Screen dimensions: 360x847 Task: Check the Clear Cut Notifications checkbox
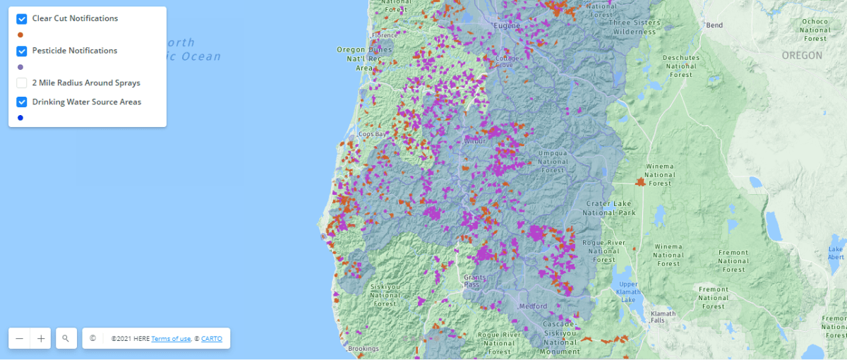22,18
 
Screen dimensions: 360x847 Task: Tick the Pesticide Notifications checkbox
22,51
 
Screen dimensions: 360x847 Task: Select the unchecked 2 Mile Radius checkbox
22,83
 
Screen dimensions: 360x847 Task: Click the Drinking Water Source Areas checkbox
22,102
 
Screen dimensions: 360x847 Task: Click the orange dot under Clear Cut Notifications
20,35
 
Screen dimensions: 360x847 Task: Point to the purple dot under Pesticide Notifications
20,67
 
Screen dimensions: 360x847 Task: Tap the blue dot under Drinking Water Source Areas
20,118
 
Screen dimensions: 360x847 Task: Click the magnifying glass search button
66,339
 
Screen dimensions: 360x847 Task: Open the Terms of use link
171,339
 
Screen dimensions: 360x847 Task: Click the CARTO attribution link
211,339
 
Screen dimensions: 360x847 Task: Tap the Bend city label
714,25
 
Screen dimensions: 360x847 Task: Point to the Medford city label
533,306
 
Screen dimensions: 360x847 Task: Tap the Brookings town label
364,349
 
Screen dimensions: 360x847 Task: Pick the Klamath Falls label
663,317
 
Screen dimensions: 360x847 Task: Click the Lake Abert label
836,253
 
